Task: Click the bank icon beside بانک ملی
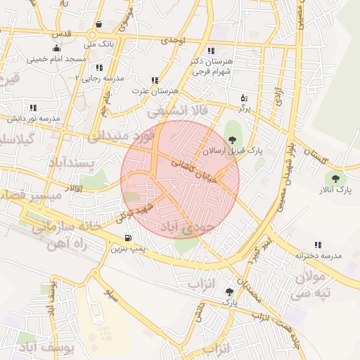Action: (x=98, y=25)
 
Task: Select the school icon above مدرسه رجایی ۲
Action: (x=100, y=67)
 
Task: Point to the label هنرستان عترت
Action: (x=155, y=92)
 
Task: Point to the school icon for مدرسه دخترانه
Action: (x=318, y=245)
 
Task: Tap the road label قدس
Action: (x=62, y=34)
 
